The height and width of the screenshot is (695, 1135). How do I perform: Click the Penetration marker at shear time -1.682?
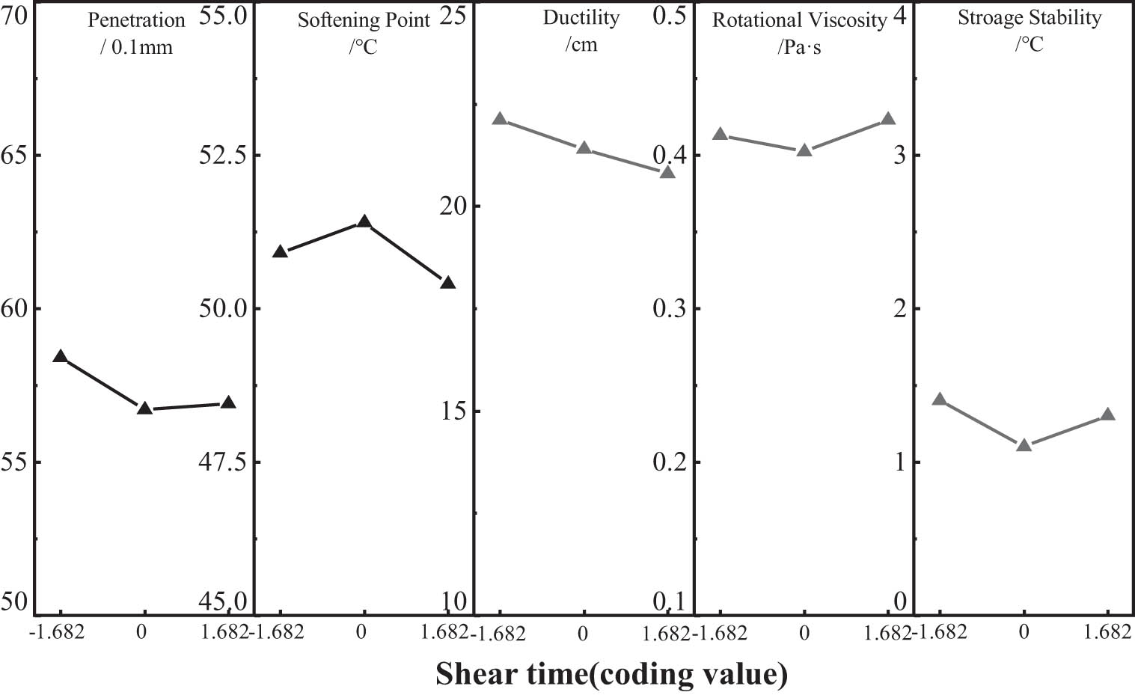(61, 357)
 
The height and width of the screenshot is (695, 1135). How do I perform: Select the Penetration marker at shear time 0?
(144, 408)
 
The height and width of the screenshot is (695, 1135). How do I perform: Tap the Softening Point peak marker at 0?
(364, 222)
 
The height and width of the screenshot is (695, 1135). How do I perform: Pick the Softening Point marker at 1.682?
(448, 283)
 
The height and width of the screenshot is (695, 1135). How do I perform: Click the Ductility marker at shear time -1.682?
(500, 119)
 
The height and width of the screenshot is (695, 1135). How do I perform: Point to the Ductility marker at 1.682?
(667, 172)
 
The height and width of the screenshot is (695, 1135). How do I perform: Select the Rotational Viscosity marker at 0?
(804, 150)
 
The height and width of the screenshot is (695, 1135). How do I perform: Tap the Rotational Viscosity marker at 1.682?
(888, 119)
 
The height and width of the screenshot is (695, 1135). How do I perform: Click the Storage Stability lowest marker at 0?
(1024, 445)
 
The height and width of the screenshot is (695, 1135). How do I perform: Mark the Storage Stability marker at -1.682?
(940, 399)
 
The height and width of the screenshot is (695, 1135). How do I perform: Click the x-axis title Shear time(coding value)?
(611, 674)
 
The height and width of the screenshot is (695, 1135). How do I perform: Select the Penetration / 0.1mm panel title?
(136, 34)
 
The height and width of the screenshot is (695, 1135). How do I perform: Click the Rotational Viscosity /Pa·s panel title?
(799, 34)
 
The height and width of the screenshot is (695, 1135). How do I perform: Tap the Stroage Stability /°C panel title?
(1030, 31)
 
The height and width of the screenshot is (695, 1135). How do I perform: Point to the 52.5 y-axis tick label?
(222, 155)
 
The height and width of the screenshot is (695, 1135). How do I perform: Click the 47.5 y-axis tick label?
(222, 462)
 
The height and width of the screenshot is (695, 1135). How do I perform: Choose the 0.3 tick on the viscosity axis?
(669, 308)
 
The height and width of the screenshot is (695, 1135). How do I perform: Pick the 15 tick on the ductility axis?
(453, 411)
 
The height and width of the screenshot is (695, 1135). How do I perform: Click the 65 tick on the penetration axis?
(13, 155)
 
